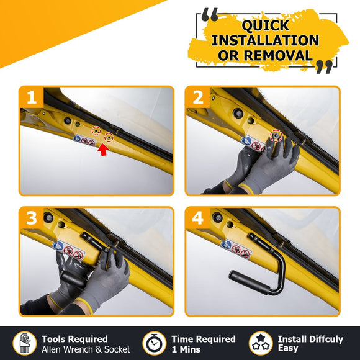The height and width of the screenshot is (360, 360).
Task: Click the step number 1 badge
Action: tap(32, 97)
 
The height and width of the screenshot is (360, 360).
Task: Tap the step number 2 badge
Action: tap(197, 97)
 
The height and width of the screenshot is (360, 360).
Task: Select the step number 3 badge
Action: tap(32, 218)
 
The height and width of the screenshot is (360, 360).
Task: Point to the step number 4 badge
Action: tap(197, 218)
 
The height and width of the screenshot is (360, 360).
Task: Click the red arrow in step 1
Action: tap(103, 150)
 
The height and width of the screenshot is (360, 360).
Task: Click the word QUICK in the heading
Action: tap(266, 25)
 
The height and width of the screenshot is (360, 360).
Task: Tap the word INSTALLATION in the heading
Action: tap(265, 40)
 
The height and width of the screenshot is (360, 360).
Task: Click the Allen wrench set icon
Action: tap(25, 343)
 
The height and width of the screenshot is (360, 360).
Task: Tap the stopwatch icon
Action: tap(155, 343)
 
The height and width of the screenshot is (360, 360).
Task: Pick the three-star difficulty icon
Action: tap(261, 343)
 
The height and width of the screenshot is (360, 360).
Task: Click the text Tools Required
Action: tap(74, 339)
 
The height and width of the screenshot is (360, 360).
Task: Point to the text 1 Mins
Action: tap(186, 349)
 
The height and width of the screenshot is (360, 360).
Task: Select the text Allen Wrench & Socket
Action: tap(86, 349)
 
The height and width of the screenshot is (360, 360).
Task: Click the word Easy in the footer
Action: tap(288, 348)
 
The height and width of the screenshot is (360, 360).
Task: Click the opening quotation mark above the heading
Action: tap(210, 15)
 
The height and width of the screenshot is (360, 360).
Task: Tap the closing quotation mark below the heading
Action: tap(324, 67)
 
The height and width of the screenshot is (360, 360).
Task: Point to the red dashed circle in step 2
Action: tap(276, 136)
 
